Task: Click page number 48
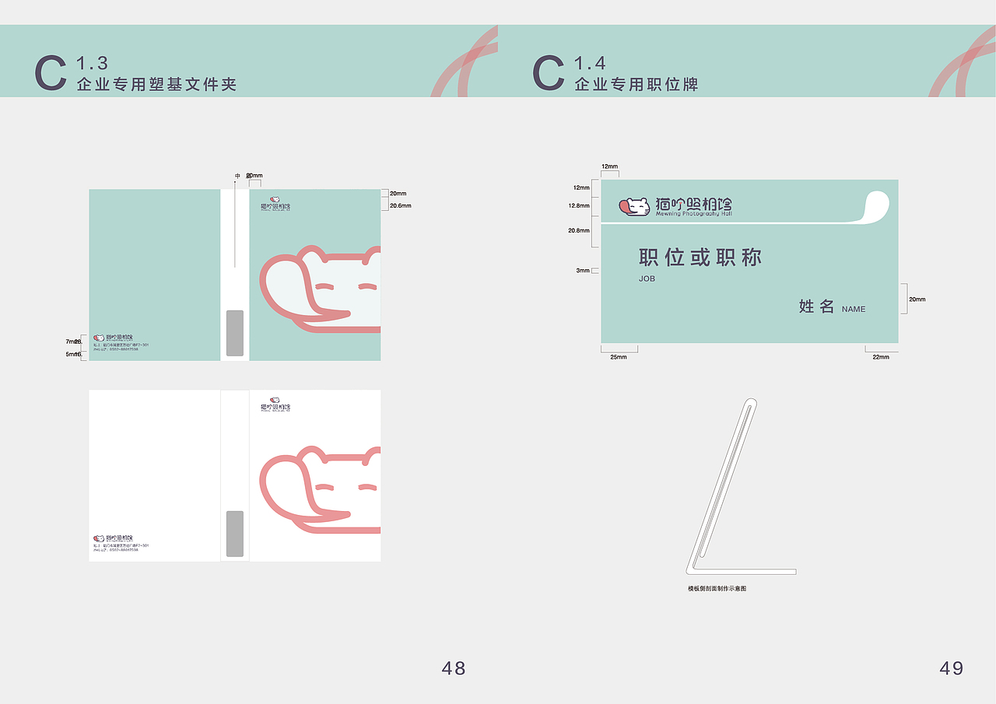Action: pos(454,667)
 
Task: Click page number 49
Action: pos(952,667)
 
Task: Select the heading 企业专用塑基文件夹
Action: pos(156,84)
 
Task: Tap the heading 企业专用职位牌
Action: pos(637,84)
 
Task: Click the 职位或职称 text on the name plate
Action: pos(700,257)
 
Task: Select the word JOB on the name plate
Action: pos(647,278)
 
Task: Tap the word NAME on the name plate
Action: pos(854,309)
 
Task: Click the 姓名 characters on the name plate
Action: pos(817,306)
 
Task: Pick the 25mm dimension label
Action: pos(619,357)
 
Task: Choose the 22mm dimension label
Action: pos(881,357)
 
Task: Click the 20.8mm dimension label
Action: pos(579,230)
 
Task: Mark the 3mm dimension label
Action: pos(583,271)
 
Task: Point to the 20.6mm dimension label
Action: pos(400,205)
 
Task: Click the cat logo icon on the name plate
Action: pos(635,207)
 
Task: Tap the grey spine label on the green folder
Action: pos(234,333)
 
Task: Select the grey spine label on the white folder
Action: pos(234,534)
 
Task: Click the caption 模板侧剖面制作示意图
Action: pos(717,589)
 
